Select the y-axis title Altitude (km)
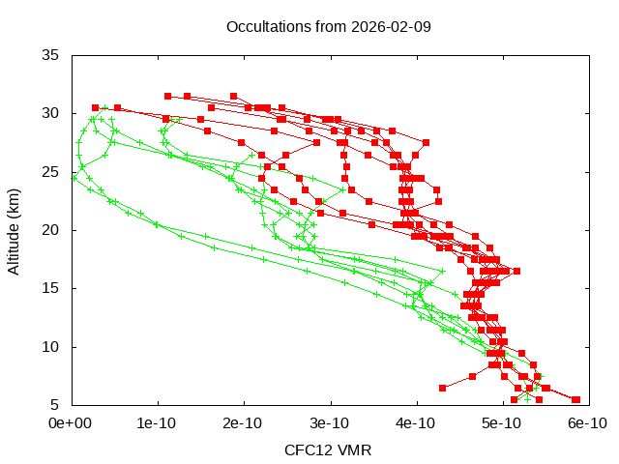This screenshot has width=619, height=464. (15, 230)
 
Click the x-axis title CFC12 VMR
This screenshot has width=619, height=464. (328, 450)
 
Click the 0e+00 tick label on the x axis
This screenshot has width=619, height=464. (71, 423)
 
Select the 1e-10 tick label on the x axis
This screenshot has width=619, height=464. (158, 423)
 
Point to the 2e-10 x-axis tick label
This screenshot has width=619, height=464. (244, 423)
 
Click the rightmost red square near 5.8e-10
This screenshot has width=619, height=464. (576, 399)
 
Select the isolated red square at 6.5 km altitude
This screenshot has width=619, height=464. (443, 388)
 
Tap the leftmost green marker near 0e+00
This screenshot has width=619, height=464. (74, 178)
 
